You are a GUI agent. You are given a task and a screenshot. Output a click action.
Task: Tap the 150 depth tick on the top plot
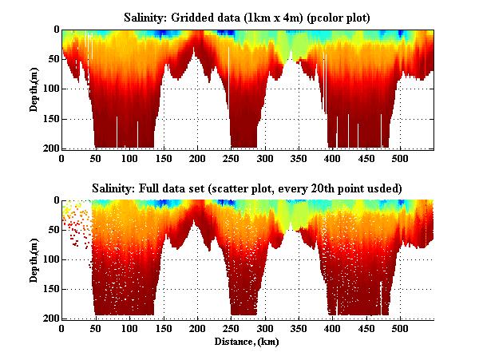click(49, 119)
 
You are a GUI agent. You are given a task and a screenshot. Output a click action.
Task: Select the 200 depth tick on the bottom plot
click(49, 318)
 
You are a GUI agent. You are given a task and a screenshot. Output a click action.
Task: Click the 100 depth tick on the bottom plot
click(49, 259)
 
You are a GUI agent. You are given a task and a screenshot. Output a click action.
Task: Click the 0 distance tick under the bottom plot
click(61, 328)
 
